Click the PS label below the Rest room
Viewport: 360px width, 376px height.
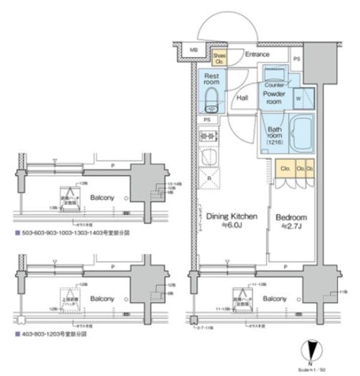pyautogui.click(x=207, y=120)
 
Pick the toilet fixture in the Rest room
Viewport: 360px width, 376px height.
pyautogui.click(x=211, y=100)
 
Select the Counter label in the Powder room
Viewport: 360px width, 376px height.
pyautogui.click(x=274, y=85)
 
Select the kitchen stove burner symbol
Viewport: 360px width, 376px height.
pyautogui.click(x=208, y=137)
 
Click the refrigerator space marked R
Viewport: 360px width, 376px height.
pyautogui.click(x=209, y=178)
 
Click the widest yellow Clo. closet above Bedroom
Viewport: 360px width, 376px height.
pyautogui.click(x=284, y=169)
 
